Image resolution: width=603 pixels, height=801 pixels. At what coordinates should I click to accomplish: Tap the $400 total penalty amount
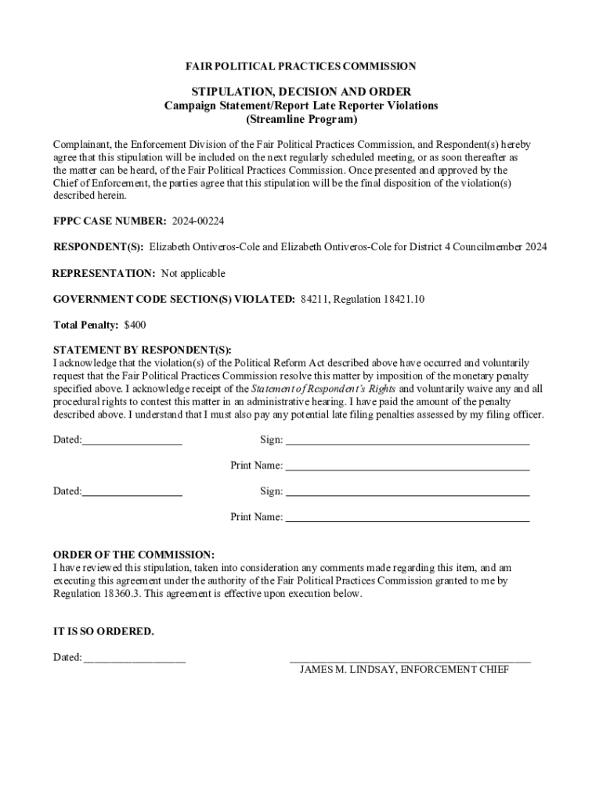(135, 325)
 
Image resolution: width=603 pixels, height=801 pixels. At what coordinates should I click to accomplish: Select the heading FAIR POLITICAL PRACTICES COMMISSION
(301, 66)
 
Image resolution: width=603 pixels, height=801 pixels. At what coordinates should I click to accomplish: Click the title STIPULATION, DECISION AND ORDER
(301, 92)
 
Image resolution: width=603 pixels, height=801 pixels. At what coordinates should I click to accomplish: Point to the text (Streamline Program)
(301, 120)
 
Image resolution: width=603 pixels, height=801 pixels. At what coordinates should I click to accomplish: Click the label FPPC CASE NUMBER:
(110, 221)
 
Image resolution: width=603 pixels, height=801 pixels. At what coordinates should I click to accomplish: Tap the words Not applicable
(193, 273)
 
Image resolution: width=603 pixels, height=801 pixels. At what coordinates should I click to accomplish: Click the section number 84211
(315, 299)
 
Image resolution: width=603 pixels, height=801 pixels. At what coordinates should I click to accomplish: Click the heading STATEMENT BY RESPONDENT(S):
(142, 350)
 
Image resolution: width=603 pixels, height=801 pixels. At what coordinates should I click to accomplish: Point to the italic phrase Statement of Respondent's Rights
(324, 389)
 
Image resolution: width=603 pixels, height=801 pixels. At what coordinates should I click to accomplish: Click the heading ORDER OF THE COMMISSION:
(133, 555)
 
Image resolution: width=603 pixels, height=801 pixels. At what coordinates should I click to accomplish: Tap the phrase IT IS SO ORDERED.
(103, 631)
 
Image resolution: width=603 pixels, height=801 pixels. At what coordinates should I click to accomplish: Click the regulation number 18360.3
(79, 594)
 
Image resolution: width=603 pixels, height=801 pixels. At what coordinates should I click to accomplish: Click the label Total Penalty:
(85, 325)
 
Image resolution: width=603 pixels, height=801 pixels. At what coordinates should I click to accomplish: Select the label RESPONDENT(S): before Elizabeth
(98, 247)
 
